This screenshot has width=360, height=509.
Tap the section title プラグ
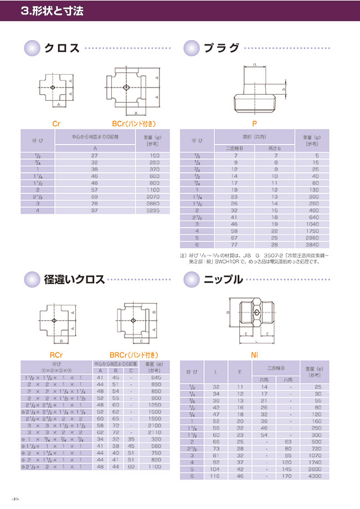pos(222,48)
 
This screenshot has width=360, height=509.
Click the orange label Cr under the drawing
pos(56,124)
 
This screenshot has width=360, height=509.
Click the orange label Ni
pos(254,354)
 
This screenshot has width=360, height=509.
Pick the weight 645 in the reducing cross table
pos(155,377)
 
